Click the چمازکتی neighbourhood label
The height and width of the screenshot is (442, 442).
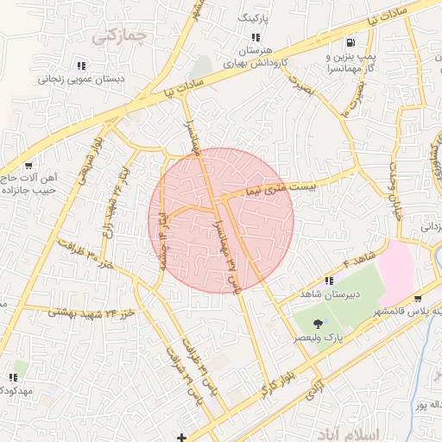point(120,35)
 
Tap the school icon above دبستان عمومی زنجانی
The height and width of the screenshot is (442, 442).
point(81,65)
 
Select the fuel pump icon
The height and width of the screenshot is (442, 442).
point(350,42)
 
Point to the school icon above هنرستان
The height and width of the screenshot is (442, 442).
point(255,37)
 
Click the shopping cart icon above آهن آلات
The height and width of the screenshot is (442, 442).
point(28,166)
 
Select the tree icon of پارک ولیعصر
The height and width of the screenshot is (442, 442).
point(318,325)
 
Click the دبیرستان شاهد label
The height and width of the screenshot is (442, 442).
point(329,294)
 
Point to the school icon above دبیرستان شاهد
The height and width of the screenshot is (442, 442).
point(329,281)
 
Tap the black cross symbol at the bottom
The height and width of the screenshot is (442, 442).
point(180,436)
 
